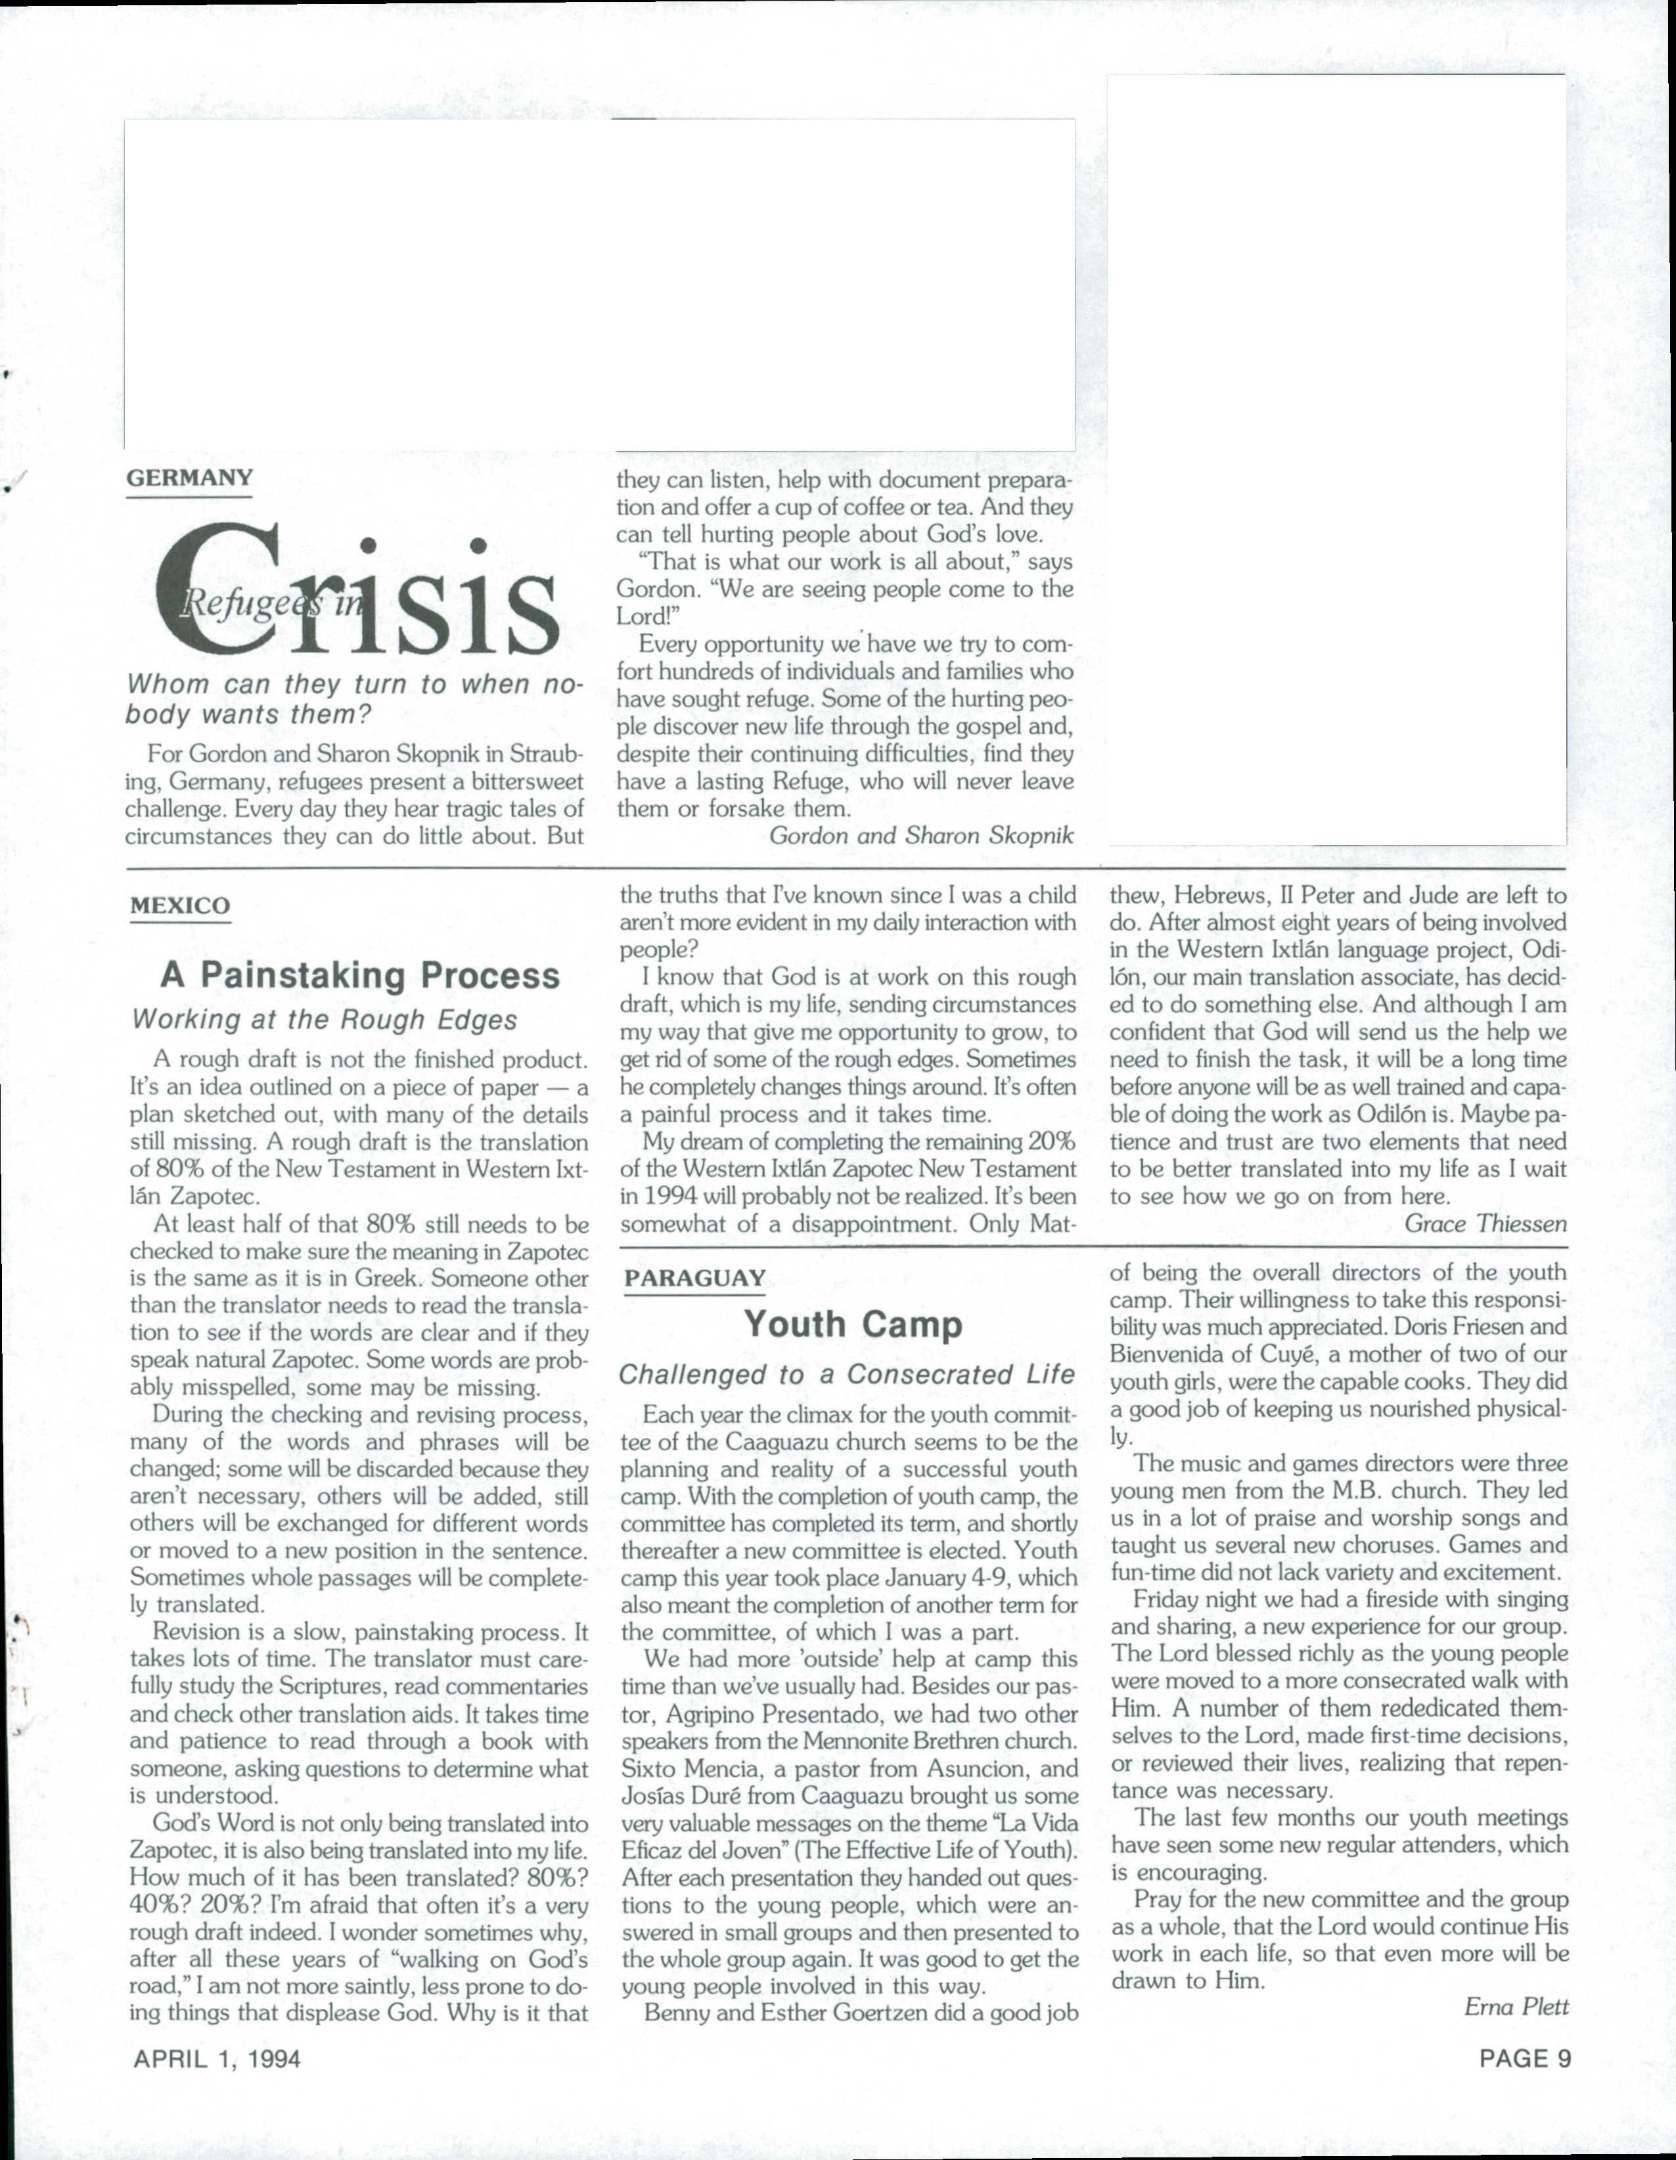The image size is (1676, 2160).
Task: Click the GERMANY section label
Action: point(190,478)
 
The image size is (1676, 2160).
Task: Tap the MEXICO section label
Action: point(180,906)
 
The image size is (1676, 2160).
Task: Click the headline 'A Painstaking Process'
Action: point(360,975)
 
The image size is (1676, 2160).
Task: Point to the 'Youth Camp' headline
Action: point(852,1323)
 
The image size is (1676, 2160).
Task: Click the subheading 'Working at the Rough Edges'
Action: point(325,1020)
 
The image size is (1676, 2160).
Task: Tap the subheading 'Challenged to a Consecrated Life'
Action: point(846,1375)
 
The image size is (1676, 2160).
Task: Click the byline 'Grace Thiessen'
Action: point(1485,1224)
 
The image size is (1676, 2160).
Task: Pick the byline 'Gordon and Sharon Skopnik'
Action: point(920,836)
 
